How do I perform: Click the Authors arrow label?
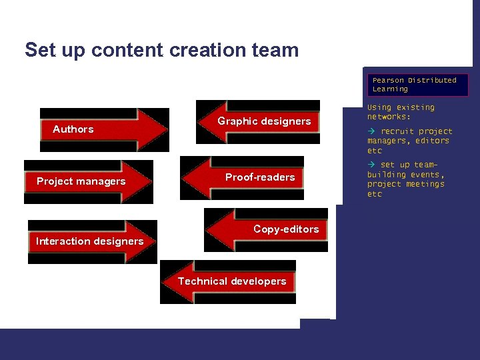(73, 129)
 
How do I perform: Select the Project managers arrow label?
(81, 181)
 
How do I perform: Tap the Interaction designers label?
(89, 241)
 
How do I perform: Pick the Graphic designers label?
(264, 121)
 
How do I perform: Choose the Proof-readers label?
(259, 177)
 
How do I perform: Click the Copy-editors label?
(286, 229)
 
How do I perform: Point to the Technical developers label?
(231, 281)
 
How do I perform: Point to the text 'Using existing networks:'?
(401, 112)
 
